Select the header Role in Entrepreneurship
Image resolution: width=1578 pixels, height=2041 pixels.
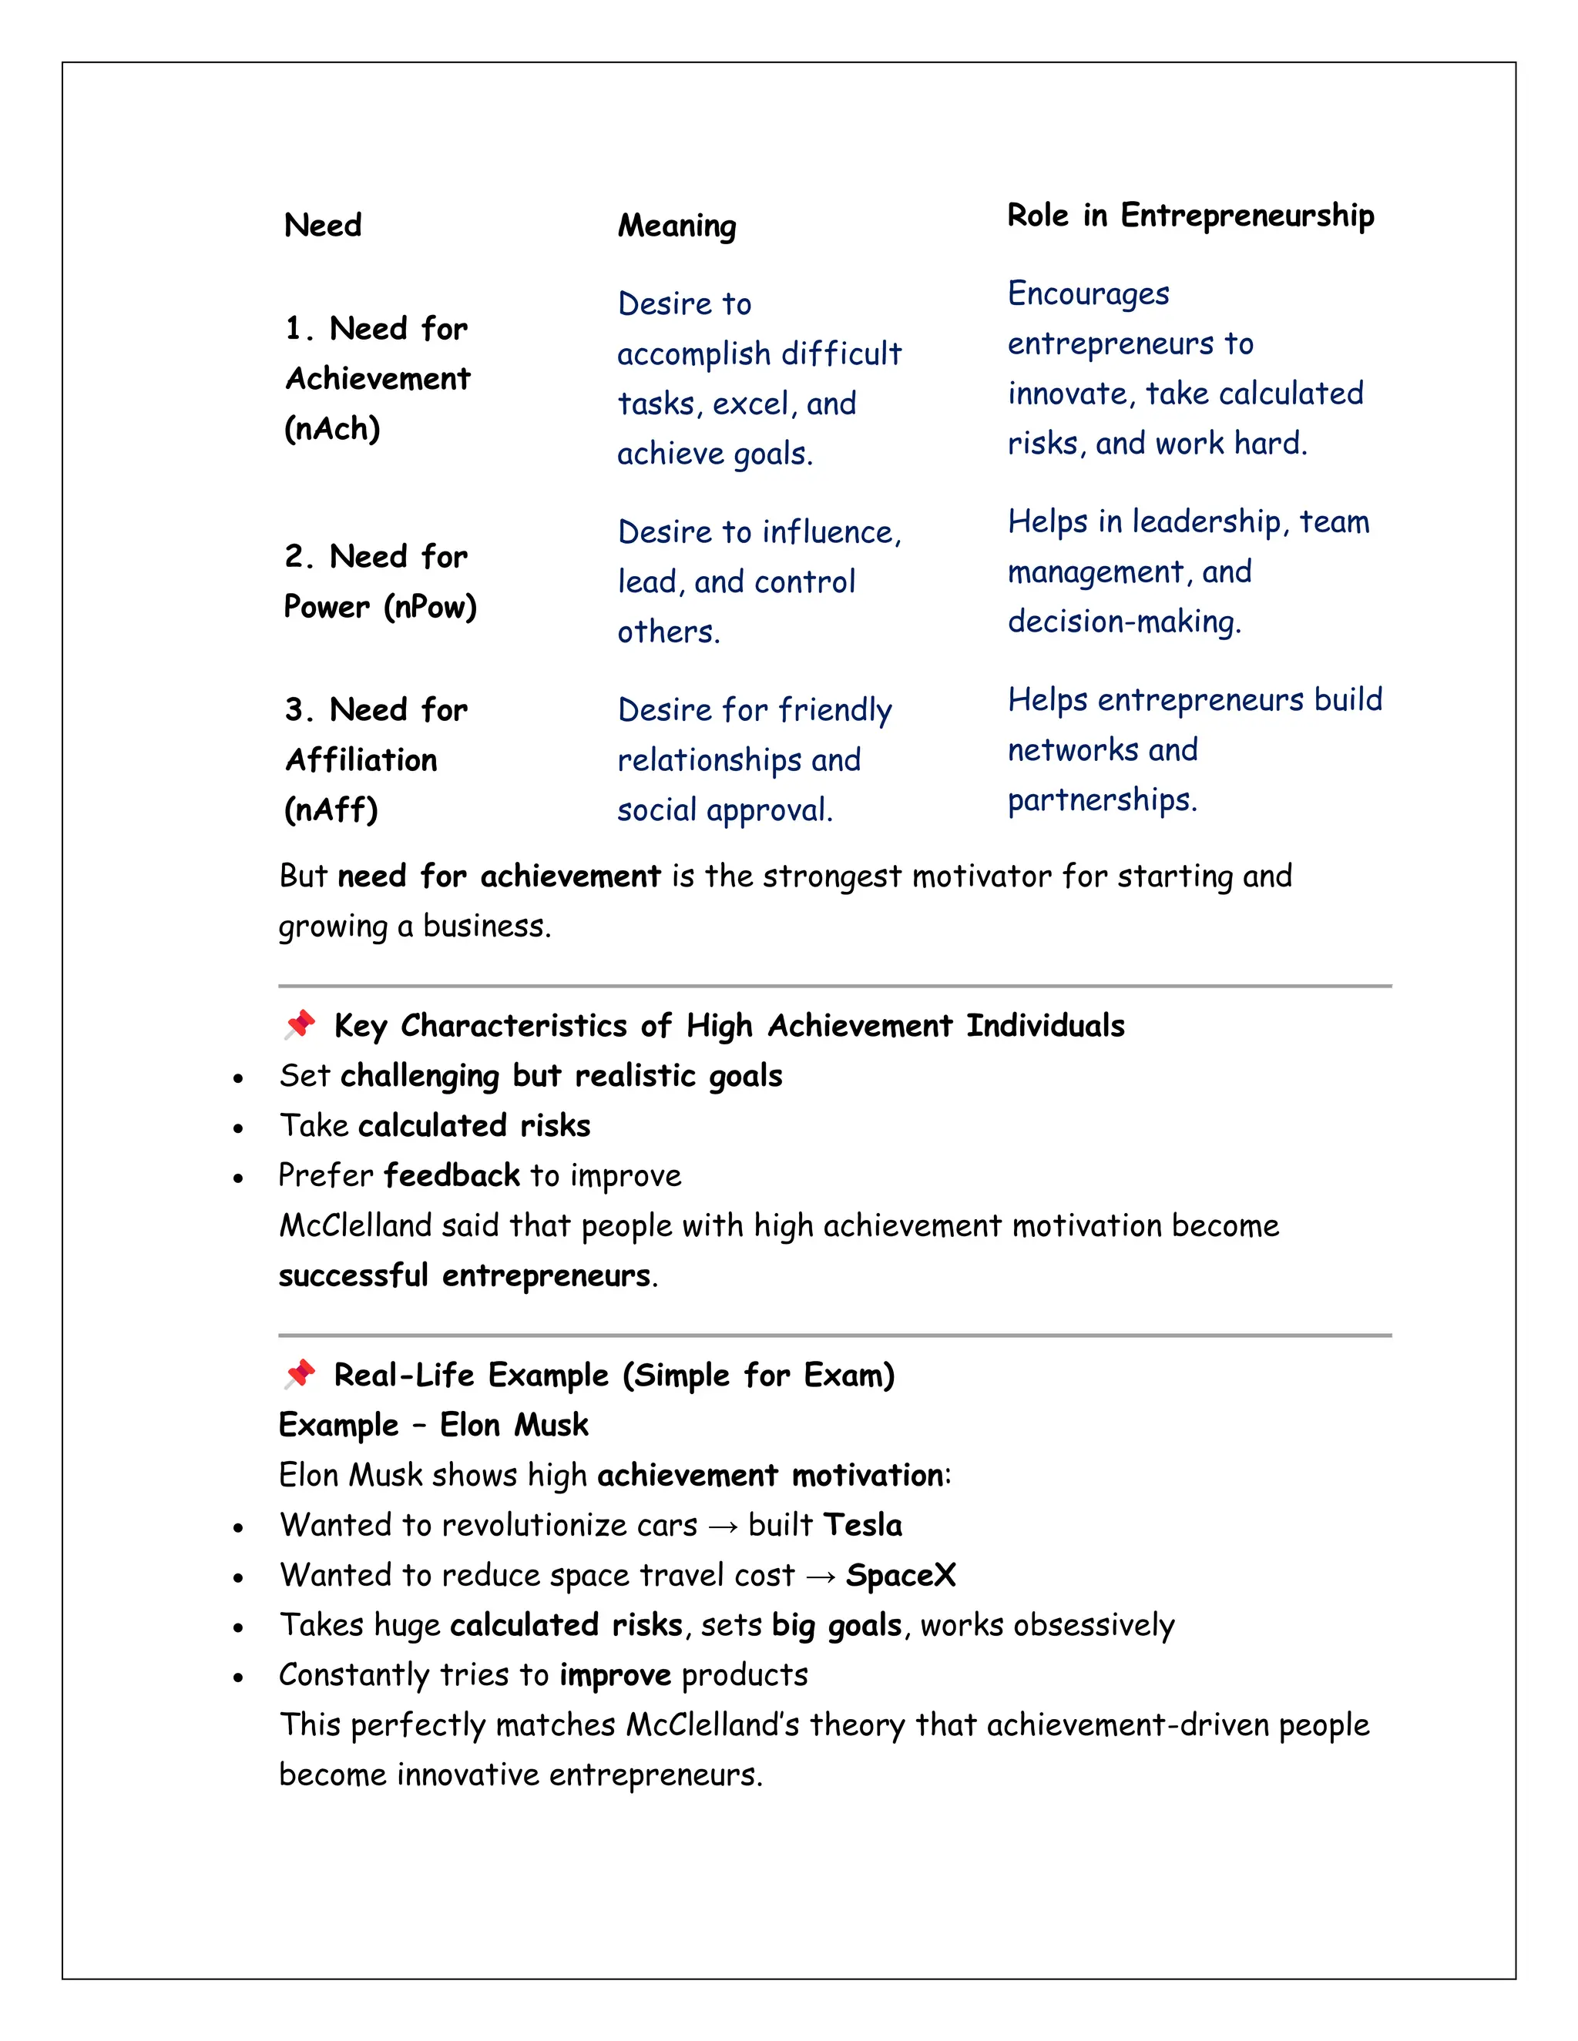(1190, 216)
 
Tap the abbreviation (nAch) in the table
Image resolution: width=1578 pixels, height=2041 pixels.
(332, 429)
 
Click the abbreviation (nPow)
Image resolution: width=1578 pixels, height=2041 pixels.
(430, 608)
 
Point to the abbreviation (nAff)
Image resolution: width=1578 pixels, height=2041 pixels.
(331, 810)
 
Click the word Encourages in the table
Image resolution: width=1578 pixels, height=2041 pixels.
(1088, 294)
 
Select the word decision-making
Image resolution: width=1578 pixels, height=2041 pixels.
(1123, 622)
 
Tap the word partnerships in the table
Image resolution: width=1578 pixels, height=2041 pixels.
(1101, 801)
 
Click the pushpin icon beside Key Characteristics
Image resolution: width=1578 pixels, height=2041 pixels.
(300, 1024)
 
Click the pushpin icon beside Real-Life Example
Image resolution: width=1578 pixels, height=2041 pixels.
(300, 1374)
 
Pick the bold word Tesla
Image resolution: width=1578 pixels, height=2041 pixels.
(863, 1525)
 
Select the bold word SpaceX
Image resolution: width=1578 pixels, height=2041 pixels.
(900, 1576)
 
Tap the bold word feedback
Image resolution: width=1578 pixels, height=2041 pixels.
(452, 1175)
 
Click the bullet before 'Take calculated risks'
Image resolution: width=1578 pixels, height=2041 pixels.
(238, 1129)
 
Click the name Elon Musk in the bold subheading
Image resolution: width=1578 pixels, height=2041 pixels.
(514, 1425)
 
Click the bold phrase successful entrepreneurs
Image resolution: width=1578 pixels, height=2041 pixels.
(465, 1275)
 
